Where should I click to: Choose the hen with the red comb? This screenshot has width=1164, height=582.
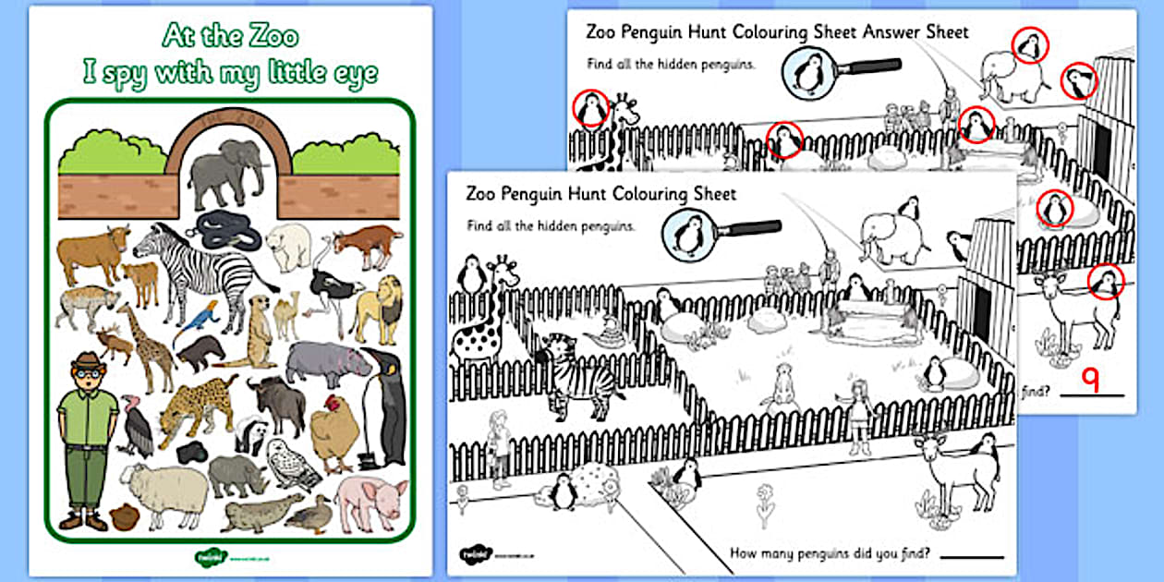coord(333,433)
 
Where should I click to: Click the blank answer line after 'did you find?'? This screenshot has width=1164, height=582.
coord(973,557)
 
